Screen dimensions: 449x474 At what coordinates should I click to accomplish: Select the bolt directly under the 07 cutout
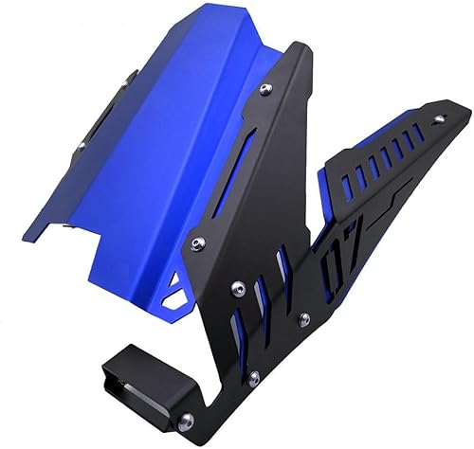tap(302, 319)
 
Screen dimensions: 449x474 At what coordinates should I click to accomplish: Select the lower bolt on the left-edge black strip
tap(82, 147)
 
